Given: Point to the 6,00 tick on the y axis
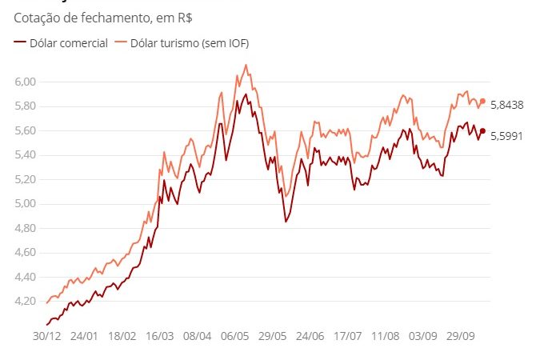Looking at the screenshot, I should point(26,82).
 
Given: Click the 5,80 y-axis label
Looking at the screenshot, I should point(26,106).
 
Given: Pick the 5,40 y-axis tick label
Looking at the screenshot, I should point(26,155).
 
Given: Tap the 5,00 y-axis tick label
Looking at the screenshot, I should point(26,204).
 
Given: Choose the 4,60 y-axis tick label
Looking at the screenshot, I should point(26,253).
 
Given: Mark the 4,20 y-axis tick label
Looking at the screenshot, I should point(26,302).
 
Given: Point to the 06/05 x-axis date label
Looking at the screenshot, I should point(237,338).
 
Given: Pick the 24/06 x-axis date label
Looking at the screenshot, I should point(312,338).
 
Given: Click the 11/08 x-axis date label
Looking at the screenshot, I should point(388,338).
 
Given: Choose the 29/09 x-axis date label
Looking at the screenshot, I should point(463,338).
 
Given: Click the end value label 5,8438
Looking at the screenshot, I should point(506,105).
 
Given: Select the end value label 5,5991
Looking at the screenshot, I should point(506,136).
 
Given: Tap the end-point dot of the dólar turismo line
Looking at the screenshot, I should point(482,101).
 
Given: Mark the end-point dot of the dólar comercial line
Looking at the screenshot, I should point(482,130).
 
